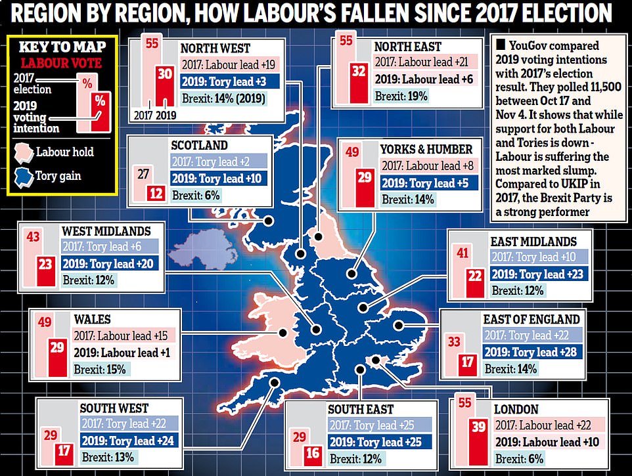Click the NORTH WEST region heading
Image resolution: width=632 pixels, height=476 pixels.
(x=215, y=47)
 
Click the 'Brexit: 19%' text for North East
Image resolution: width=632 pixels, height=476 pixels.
(x=401, y=96)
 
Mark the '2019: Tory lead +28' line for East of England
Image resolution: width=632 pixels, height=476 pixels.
(x=531, y=352)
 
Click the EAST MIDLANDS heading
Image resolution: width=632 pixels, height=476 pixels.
(x=533, y=242)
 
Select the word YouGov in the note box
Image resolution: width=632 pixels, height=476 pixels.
(x=528, y=46)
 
